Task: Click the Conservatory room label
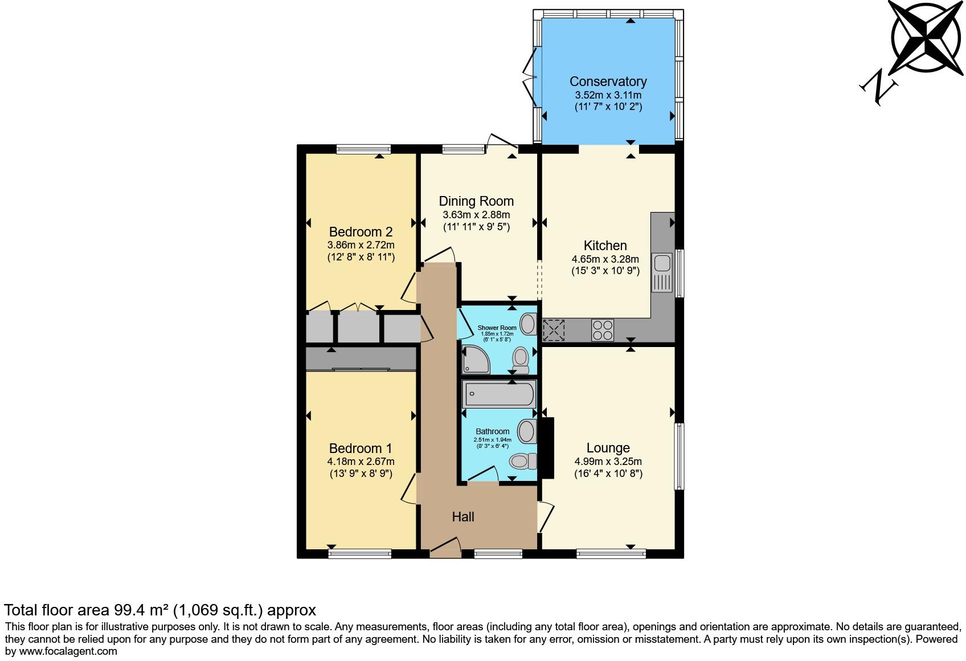point(608,81)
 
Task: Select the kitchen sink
point(662,273)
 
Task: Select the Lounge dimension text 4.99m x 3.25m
point(608,462)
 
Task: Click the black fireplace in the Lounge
point(547,448)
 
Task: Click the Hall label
point(463,517)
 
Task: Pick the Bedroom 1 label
point(360,448)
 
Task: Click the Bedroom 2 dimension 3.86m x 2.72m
point(361,245)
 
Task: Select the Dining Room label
point(476,201)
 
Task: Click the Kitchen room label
point(605,246)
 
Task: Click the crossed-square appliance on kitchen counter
point(553,330)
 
